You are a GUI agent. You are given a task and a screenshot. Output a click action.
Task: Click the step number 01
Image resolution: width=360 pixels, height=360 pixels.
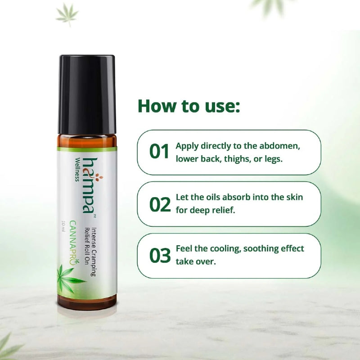tap(159, 152)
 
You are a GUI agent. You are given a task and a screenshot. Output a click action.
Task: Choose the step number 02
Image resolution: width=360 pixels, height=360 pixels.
tap(160, 204)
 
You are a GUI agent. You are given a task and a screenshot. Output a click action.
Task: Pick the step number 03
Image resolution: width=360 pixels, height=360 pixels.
tap(160, 255)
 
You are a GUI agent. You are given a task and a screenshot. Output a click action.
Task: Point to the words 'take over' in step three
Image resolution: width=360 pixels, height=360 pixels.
tap(196, 261)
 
